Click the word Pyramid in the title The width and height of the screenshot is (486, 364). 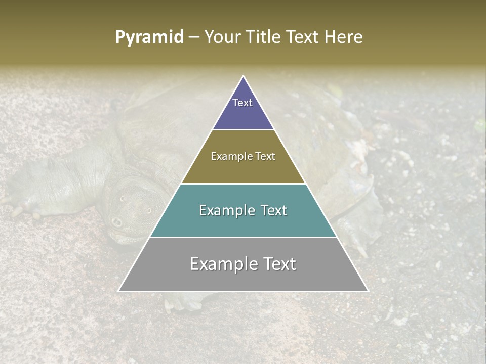(x=149, y=37)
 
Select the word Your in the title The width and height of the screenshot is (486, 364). (x=221, y=37)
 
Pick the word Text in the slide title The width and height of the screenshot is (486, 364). (x=303, y=37)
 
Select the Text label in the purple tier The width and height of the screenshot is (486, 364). (x=242, y=103)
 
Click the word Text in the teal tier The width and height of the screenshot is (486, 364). (x=274, y=210)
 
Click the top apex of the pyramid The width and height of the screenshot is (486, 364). (x=243, y=77)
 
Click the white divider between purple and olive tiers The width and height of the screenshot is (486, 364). (x=243, y=130)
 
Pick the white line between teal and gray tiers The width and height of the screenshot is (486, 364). (x=243, y=237)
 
